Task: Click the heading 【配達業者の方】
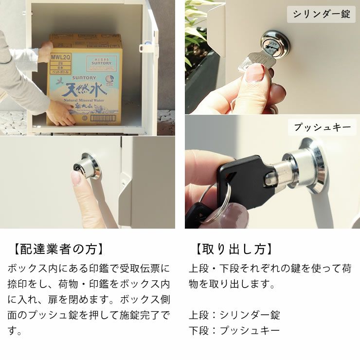click(x=57, y=250)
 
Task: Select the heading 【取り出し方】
click(x=233, y=250)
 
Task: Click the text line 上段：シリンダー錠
click(x=234, y=315)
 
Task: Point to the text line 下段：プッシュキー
click(x=234, y=331)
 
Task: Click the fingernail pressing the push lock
click(x=76, y=177)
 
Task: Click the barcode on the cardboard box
click(x=103, y=118)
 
